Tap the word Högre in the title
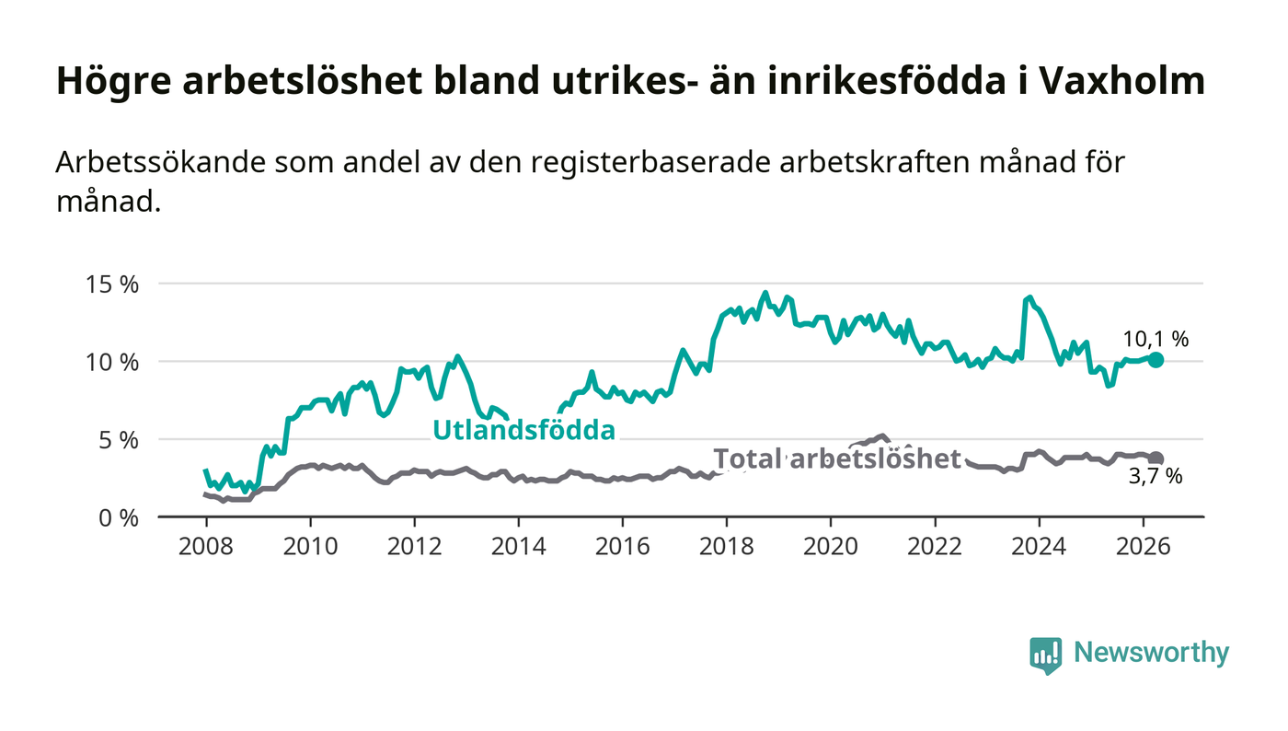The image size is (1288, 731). point(114,82)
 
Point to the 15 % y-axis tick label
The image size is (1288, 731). point(112,284)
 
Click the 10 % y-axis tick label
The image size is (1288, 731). point(112,363)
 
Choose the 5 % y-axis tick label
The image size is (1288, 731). point(119,441)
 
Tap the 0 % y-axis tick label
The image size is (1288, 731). point(119,518)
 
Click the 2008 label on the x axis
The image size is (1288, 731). point(206,546)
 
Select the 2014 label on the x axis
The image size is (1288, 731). point(518,546)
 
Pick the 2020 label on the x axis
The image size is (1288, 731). point(830,546)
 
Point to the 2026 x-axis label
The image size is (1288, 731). point(1143,546)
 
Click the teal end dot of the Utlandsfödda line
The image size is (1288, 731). point(1156,360)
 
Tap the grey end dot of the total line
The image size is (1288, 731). point(1156,458)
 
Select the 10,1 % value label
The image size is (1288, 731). point(1156,339)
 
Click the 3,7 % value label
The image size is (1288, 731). point(1156,477)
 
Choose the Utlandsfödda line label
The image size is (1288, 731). point(523,430)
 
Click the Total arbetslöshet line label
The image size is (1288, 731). point(837,458)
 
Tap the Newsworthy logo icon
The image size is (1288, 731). point(1045,656)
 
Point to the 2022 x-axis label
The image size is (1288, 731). point(935,546)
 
